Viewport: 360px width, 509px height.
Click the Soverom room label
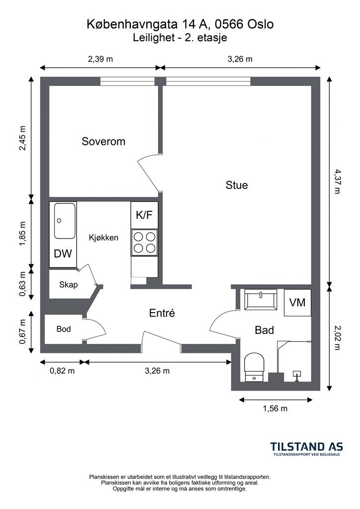[103, 141]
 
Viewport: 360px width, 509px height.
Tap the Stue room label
[237, 185]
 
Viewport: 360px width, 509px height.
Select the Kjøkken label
[103, 238]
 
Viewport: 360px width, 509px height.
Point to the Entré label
[162, 313]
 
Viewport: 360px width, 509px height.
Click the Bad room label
[264, 330]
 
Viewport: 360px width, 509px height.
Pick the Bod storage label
[64, 329]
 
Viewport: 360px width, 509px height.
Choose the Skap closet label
[69, 285]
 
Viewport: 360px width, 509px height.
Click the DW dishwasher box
[63, 254]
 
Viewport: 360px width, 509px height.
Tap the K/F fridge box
[145, 215]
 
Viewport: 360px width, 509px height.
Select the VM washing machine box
[297, 303]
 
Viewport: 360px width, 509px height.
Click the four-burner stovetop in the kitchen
[145, 242]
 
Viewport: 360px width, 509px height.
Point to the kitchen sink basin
[65, 221]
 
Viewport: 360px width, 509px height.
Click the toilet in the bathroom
[254, 367]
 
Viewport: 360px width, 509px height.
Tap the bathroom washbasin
[261, 299]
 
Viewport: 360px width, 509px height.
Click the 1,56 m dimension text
[275, 409]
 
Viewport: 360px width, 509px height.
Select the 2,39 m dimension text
[100, 59]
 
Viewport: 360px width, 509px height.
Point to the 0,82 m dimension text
[62, 371]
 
